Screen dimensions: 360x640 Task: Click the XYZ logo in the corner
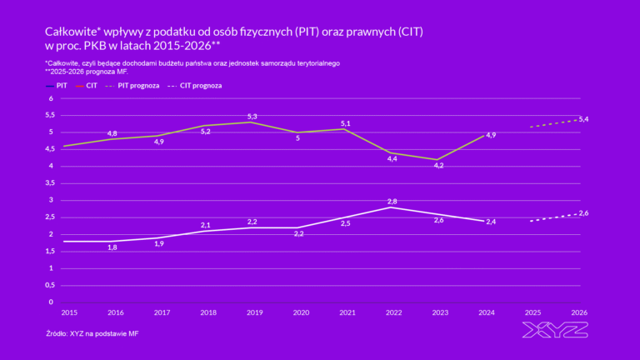coord(554,330)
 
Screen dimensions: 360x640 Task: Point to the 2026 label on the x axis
coord(579,312)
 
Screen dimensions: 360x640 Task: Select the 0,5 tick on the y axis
coord(48,285)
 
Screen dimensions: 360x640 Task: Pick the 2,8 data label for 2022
coord(392,202)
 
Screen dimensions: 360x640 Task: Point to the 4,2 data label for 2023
coord(439,165)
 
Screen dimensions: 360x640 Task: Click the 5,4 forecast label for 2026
coord(583,119)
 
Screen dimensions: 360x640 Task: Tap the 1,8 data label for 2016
coord(112,247)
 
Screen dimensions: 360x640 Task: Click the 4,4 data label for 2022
coord(392,158)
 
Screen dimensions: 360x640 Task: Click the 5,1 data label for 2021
coord(346,124)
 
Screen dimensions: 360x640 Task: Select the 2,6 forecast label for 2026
coord(583,213)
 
